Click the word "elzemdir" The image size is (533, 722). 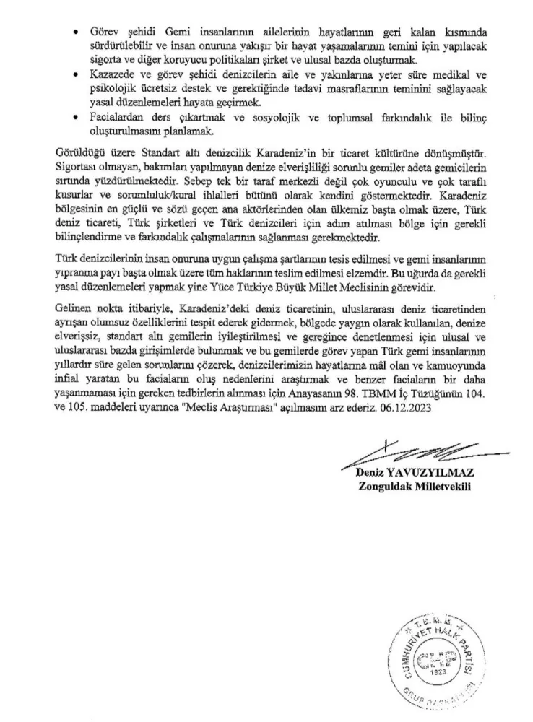[310, 273]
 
